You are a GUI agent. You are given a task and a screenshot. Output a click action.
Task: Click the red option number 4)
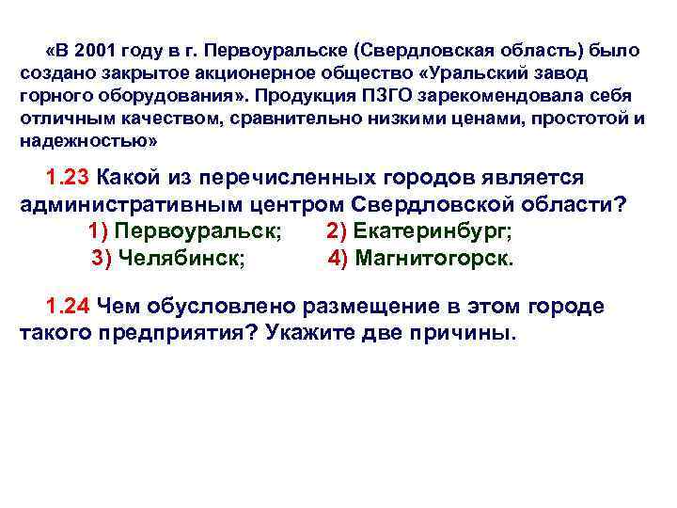pyautogui.click(x=338, y=259)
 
